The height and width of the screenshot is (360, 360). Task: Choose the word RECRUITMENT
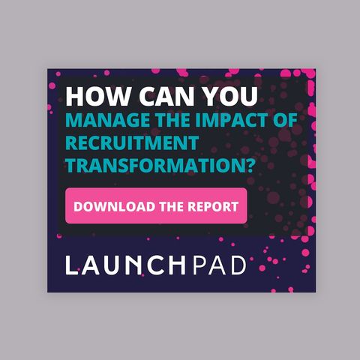[132, 143]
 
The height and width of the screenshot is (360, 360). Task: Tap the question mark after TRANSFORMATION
[250, 165]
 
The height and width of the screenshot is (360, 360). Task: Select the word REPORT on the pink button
[213, 206]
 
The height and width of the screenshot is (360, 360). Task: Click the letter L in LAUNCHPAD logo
[71, 265]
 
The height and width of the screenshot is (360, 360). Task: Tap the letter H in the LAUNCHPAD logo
[178, 265]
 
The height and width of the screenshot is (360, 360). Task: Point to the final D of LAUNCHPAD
[238, 265]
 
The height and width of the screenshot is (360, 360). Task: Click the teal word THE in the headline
[173, 121]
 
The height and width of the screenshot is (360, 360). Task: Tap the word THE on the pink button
[171, 206]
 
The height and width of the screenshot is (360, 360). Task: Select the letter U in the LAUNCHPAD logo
[113, 265]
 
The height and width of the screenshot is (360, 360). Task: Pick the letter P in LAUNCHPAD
[199, 265]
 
